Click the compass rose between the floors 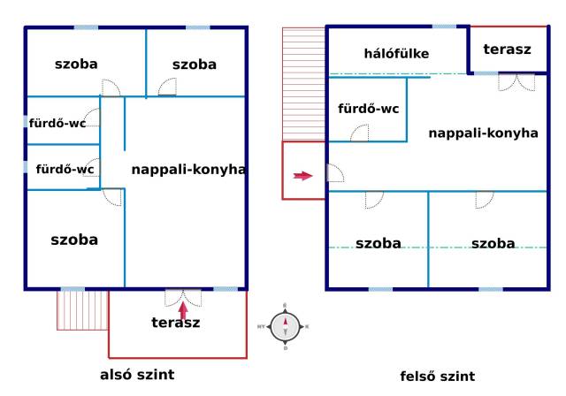tap(285, 327)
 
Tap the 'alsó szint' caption tap(137, 375)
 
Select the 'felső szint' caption tap(438, 377)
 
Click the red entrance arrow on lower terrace tap(183, 310)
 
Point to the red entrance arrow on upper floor tap(302, 176)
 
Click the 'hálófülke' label tap(396, 54)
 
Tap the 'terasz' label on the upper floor tap(507, 49)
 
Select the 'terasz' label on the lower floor tap(176, 323)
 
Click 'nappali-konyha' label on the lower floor tap(188, 170)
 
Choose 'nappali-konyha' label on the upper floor tap(484, 133)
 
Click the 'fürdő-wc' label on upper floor tap(369, 109)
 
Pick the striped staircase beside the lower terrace tap(82, 310)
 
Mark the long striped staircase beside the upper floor tap(303, 84)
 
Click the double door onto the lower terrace tap(183, 298)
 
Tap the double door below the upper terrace tap(516, 82)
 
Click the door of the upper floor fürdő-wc tap(360, 133)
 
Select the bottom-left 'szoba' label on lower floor tap(74, 240)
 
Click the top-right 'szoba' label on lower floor tap(195, 65)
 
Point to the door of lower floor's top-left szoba tap(111, 88)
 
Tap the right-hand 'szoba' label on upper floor tap(493, 243)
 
